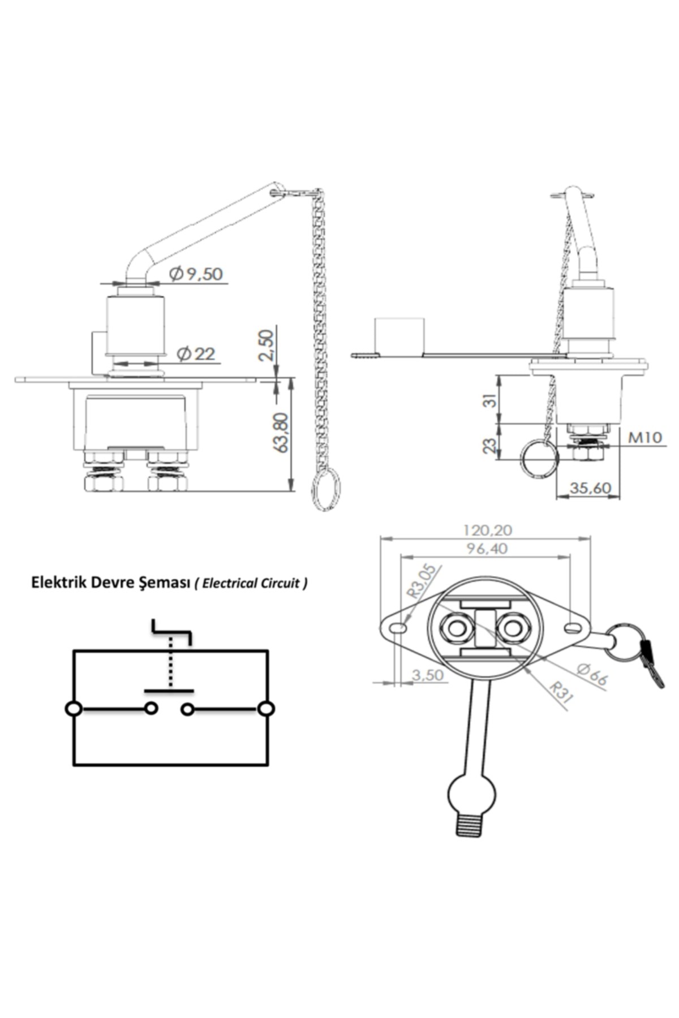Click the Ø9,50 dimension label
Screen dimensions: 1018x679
coord(196,274)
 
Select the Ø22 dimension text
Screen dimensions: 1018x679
coord(196,354)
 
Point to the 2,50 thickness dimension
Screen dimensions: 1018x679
coord(266,346)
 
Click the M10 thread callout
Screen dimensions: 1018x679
coord(645,437)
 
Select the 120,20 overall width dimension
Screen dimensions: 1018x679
coord(487,530)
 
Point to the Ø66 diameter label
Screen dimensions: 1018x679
coord(592,675)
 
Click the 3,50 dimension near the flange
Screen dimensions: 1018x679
coord(428,675)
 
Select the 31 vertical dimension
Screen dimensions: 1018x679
coord(491,400)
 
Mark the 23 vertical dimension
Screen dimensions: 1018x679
coord(491,445)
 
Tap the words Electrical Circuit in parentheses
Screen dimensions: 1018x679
coord(252,583)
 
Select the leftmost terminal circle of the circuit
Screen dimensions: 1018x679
coord(74,709)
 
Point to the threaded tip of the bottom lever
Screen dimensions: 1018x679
coord(470,825)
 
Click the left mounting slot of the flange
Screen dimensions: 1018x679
coord(399,628)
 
